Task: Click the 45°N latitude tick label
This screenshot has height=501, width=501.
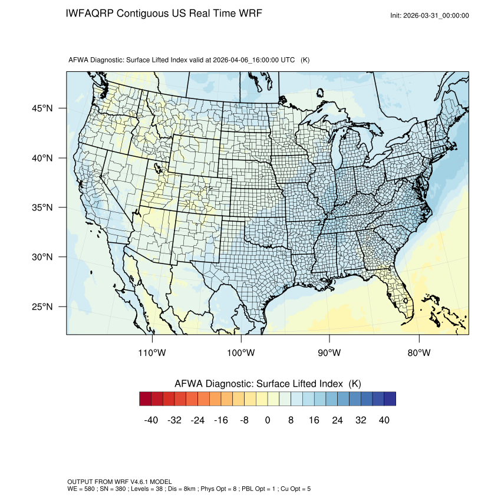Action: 45,108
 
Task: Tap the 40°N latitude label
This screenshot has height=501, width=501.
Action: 45,158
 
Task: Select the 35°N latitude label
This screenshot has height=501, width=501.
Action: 45,207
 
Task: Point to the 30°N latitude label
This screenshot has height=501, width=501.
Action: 45,257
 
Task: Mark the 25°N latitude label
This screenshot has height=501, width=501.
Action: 45,306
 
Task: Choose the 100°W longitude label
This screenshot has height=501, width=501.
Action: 241,353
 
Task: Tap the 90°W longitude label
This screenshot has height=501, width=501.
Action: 329,353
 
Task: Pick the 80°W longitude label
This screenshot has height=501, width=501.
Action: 418,353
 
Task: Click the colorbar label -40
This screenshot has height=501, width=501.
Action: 151,420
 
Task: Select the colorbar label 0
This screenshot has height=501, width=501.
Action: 268,420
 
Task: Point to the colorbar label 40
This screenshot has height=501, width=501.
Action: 384,420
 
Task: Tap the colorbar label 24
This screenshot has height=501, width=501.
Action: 337,420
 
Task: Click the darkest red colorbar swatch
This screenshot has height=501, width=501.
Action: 146,399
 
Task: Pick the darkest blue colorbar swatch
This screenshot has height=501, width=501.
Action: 390,399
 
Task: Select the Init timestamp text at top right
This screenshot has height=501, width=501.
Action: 430,15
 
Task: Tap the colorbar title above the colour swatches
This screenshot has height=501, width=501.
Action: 268,383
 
